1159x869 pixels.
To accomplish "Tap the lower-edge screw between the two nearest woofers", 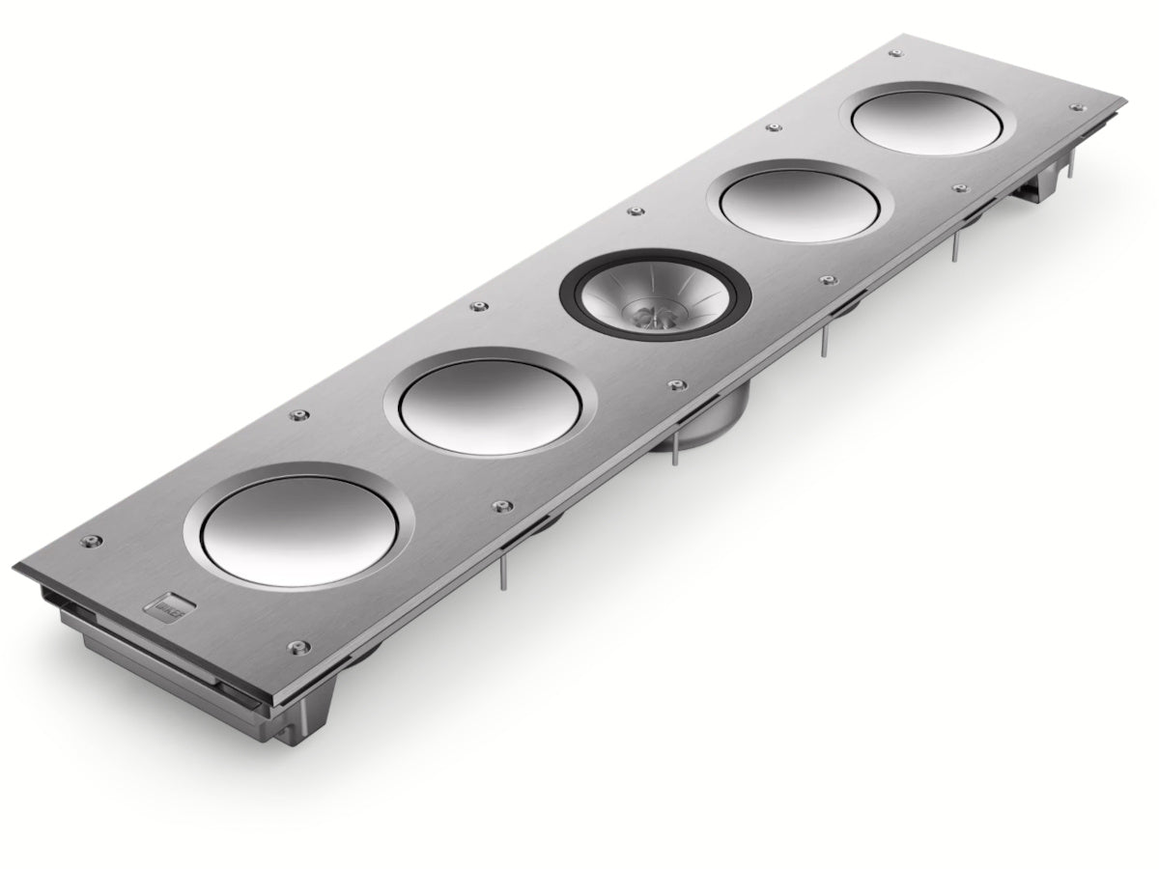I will click(x=500, y=505).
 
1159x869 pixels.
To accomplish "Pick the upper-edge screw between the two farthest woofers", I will click(x=771, y=127).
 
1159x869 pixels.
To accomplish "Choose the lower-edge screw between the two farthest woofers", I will click(x=959, y=187).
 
